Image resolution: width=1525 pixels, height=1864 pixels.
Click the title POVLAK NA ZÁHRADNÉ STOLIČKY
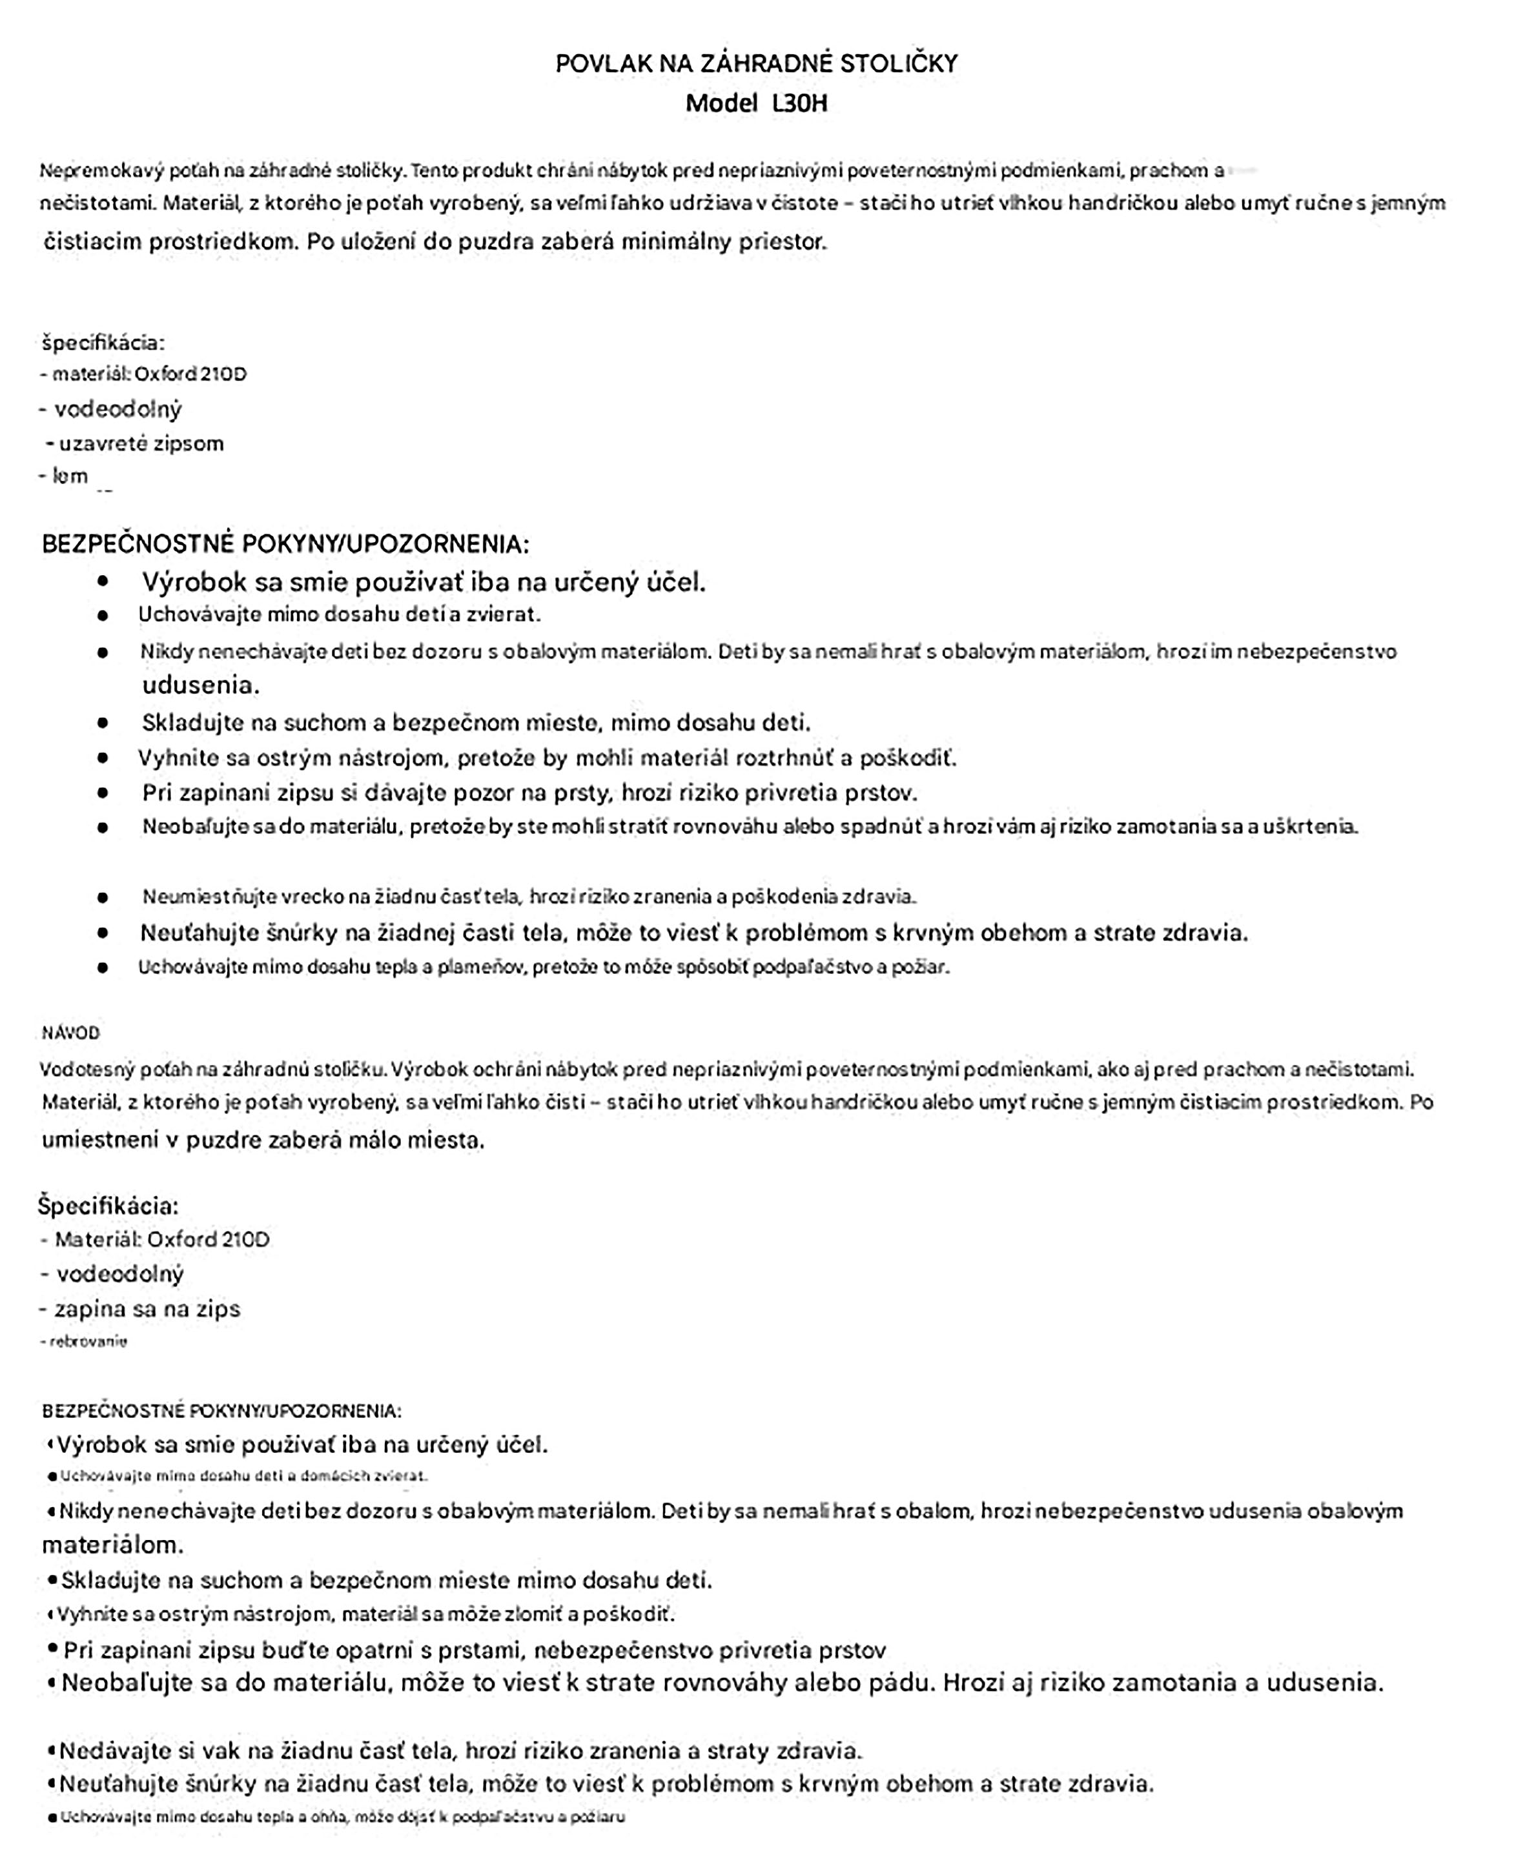(x=756, y=63)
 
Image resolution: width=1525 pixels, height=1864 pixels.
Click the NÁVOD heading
(x=70, y=1033)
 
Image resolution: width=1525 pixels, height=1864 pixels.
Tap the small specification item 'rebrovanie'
(x=88, y=1342)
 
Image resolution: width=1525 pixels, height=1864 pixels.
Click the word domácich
(x=337, y=1476)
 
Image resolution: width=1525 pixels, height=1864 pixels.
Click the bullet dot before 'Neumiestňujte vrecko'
(x=103, y=897)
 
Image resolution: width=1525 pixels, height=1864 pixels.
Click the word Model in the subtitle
(x=721, y=104)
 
